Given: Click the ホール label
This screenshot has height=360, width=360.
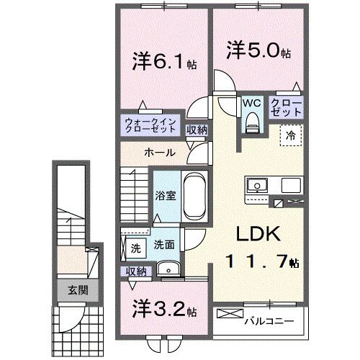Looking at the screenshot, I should coord(158,153).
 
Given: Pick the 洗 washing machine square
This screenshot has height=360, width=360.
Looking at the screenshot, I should coord(135,248).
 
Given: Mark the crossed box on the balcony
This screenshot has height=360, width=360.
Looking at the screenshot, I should coord(230,315).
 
